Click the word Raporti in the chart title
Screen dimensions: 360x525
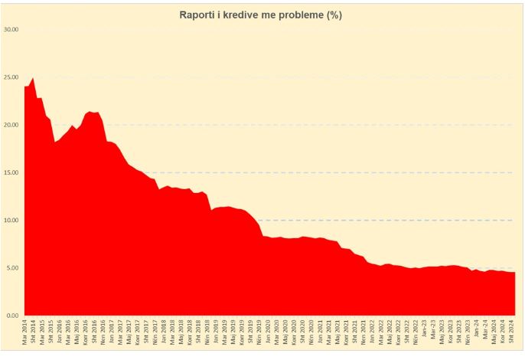(198, 15)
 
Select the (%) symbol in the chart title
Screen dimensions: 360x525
(334, 15)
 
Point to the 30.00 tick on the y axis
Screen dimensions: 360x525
(11, 29)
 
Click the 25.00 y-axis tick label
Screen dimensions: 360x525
(11, 77)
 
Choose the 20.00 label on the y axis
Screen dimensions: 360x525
(11, 125)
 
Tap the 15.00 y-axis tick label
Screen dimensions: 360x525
(11, 172)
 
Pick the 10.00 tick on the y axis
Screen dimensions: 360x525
(11, 221)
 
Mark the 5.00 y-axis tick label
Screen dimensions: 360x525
(12, 268)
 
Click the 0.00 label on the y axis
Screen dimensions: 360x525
(12, 316)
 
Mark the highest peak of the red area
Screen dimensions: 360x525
(32, 77)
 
